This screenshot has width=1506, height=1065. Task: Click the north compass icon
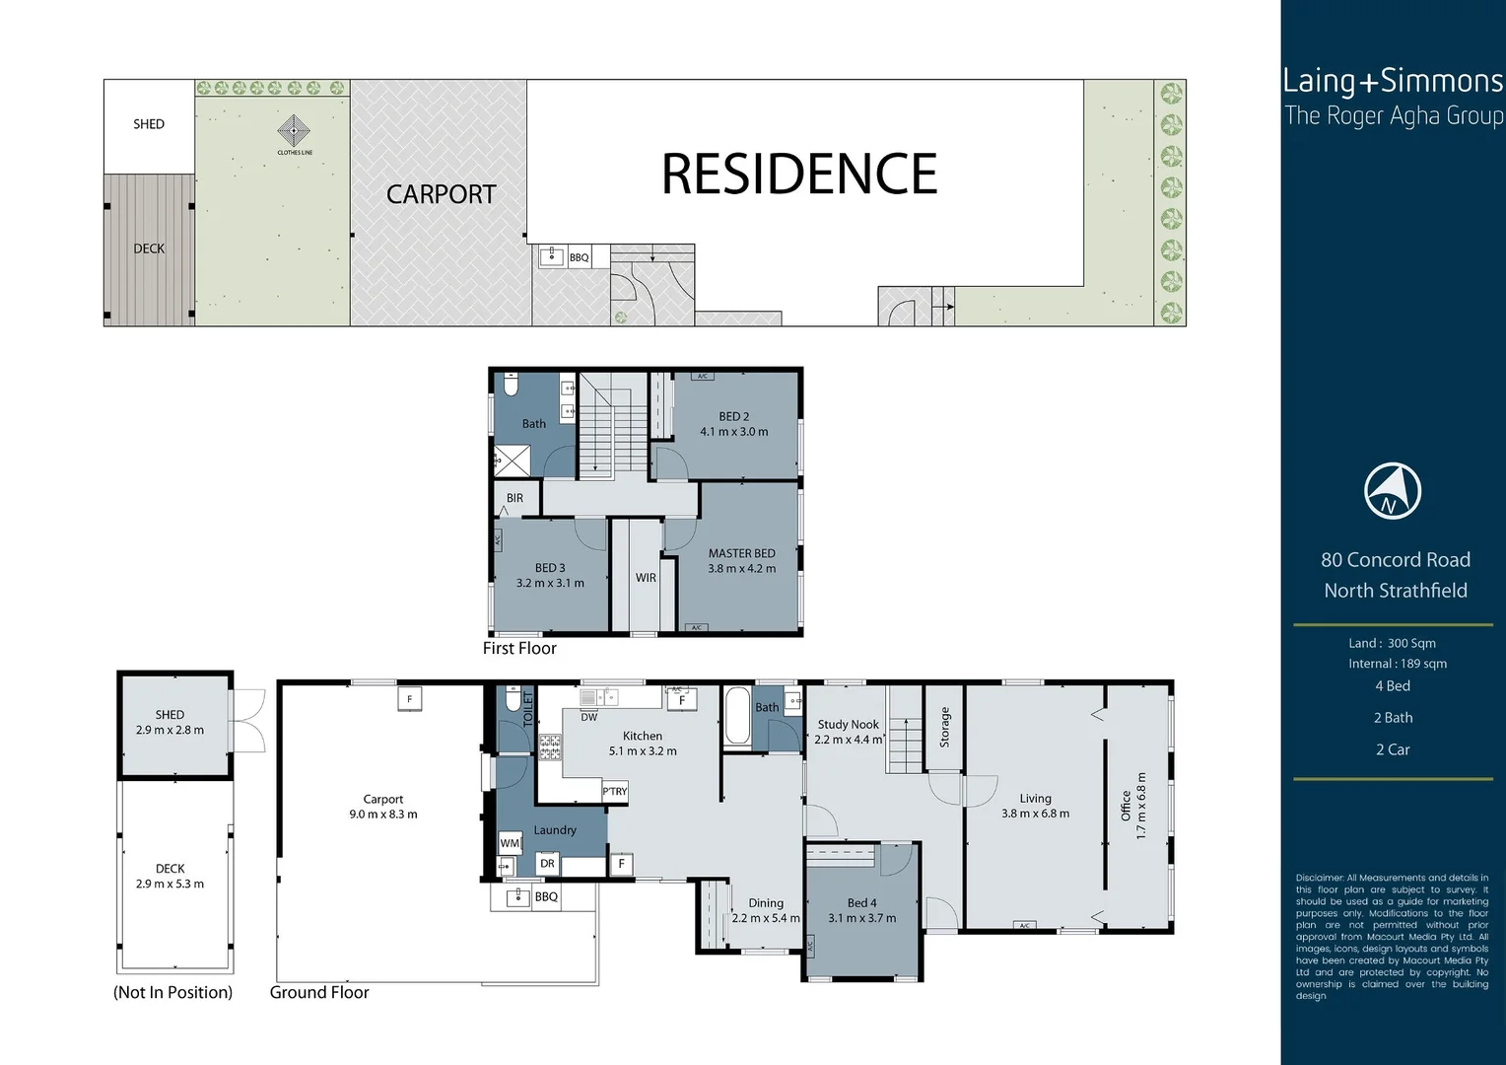pyautogui.click(x=1392, y=491)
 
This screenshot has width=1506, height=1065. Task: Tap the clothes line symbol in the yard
pyautogui.click(x=294, y=131)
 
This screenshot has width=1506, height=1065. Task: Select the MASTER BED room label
pyautogui.click(x=741, y=553)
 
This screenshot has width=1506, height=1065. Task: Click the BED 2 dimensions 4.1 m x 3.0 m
pyautogui.click(x=733, y=432)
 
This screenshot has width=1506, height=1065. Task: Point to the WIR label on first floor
pyautogui.click(x=646, y=578)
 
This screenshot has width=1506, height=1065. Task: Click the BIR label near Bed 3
pyautogui.click(x=514, y=498)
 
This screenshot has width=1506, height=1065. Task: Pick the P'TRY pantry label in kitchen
pyautogui.click(x=615, y=792)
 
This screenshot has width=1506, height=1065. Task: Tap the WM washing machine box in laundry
pyautogui.click(x=509, y=843)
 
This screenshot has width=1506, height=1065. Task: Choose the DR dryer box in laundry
pyautogui.click(x=547, y=864)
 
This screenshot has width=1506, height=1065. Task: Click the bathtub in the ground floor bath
pyautogui.click(x=735, y=716)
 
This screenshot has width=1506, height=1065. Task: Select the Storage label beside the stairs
pyautogui.click(x=944, y=727)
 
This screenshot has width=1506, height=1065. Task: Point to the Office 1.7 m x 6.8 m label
pyautogui.click(x=1133, y=805)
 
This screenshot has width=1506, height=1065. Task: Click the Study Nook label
pyautogui.click(x=848, y=724)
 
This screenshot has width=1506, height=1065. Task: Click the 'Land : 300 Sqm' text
pyautogui.click(x=1392, y=643)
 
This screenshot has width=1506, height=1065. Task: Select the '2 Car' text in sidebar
pyautogui.click(x=1392, y=749)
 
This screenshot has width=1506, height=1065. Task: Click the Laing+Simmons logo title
pyautogui.click(x=1392, y=81)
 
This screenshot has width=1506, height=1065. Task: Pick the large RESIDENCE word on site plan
pyautogui.click(x=798, y=175)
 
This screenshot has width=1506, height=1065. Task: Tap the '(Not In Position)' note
pyautogui.click(x=172, y=992)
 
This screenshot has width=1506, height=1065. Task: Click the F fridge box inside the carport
pyautogui.click(x=409, y=698)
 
